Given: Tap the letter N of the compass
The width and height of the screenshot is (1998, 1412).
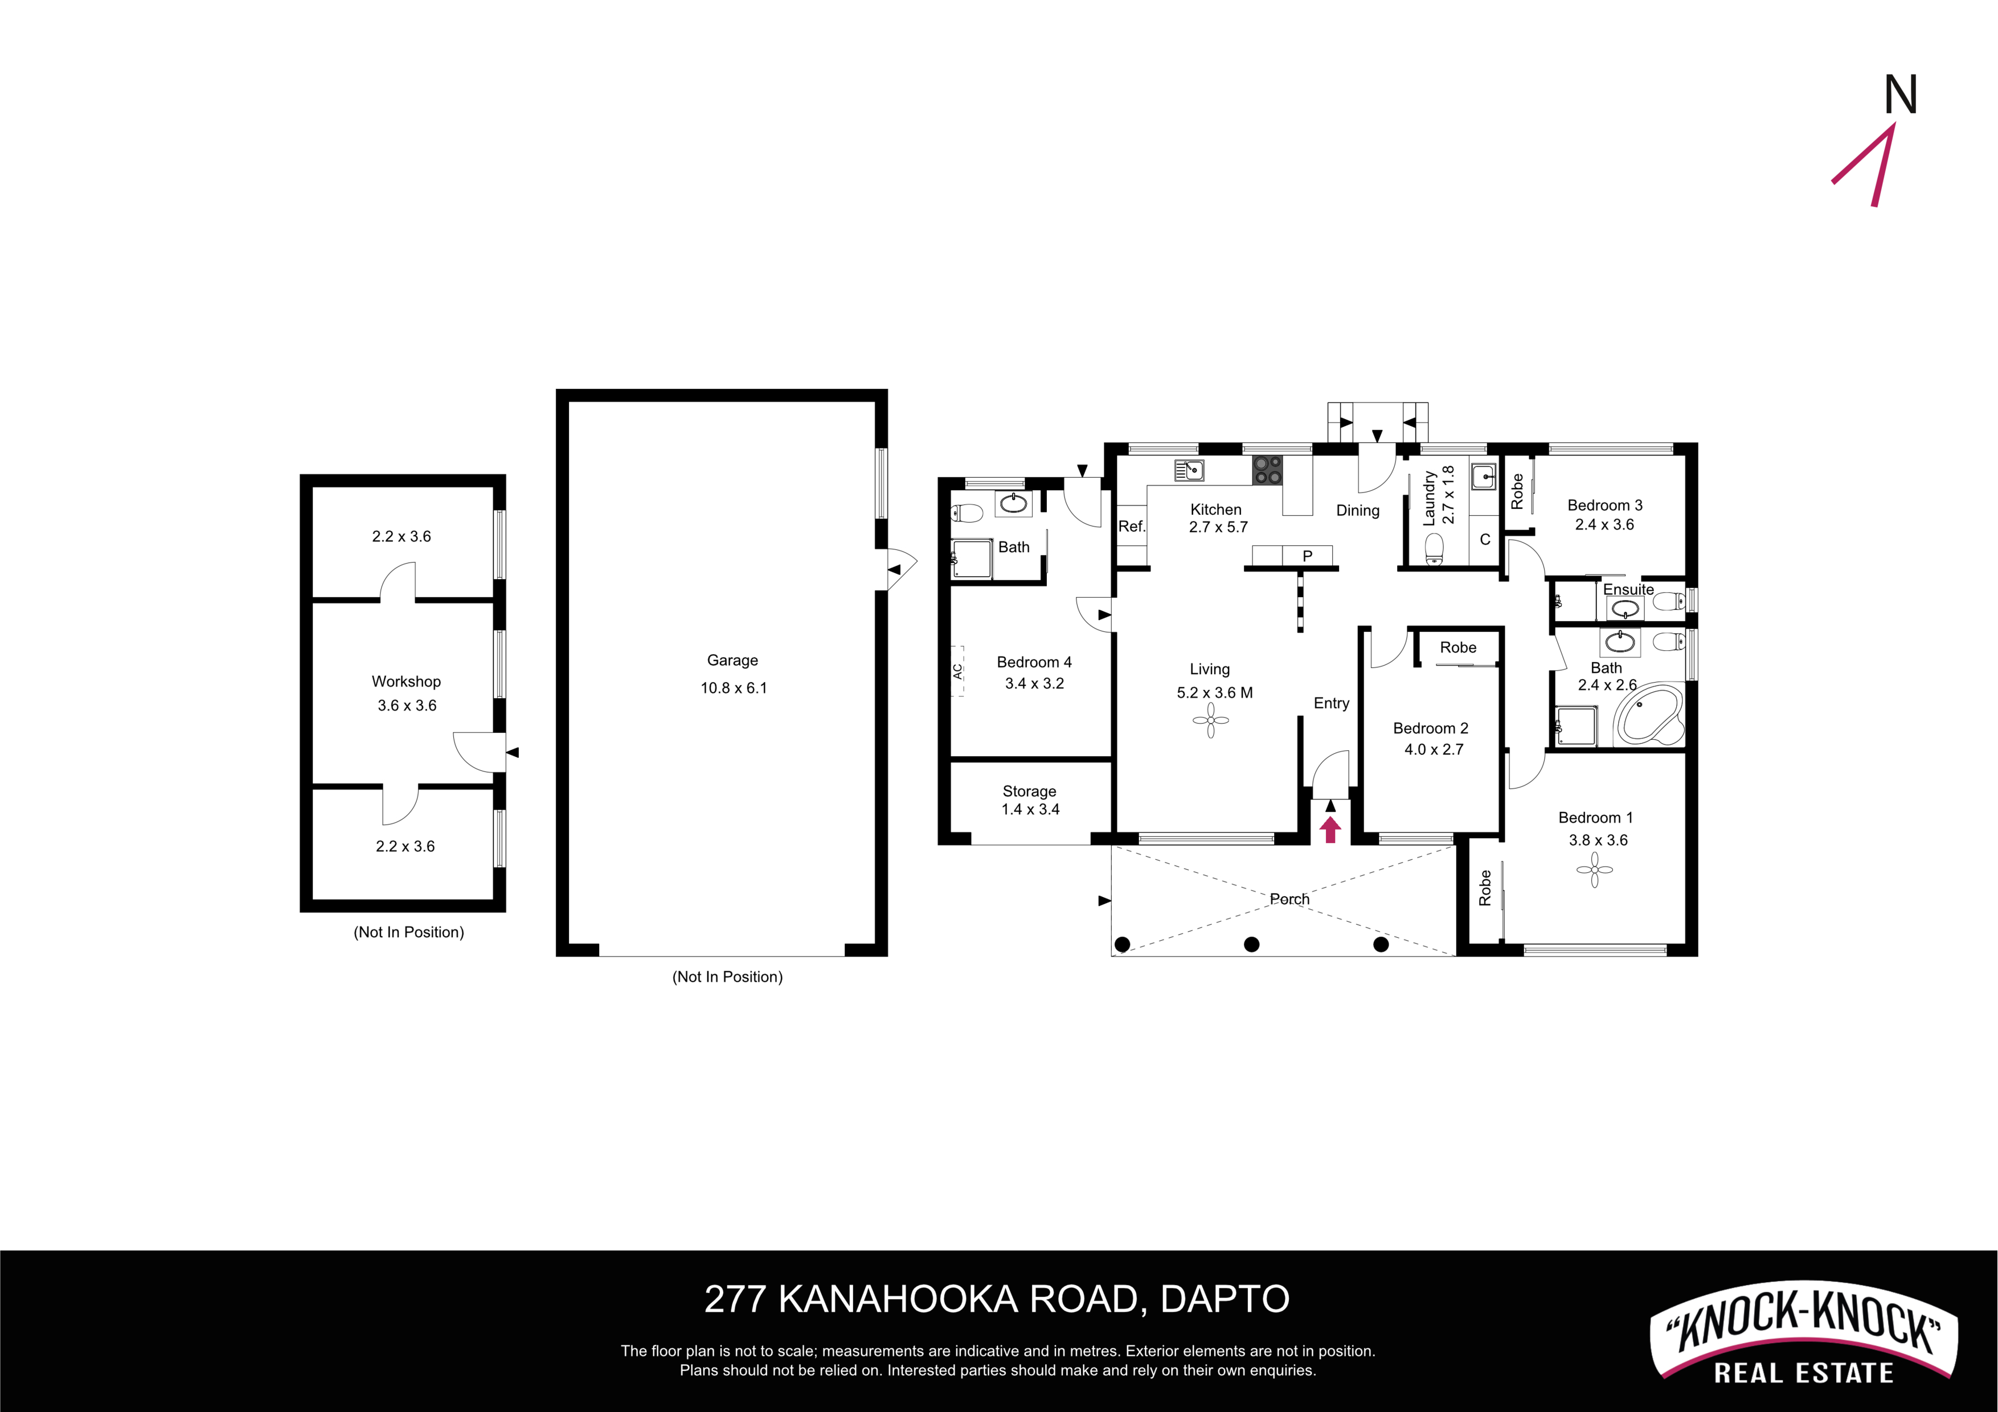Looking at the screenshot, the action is pyautogui.click(x=1901, y=95).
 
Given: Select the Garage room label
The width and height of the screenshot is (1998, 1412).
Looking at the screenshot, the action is pyautogui.click(x=732, y=660).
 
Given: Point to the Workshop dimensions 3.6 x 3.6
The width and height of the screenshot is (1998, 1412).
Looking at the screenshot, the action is pyautogui.click(x=407, y=705).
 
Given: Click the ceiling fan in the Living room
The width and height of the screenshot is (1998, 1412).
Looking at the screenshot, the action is pyautogui.click(x=1210, y=720).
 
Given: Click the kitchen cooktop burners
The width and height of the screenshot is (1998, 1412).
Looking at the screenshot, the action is pyautogui.click(x=1267, y=471).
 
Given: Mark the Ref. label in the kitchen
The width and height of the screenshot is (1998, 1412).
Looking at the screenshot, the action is pyautogui.click(x=1131, y=526).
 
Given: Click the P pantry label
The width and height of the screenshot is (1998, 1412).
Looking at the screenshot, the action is pyautogui.click(x=1307, y=556).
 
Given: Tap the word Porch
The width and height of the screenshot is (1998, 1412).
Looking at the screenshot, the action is pyautogui.click(x=1289, y=898).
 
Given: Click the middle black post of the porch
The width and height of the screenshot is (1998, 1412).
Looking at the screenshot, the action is pyautogui.click(x=1251, y=944).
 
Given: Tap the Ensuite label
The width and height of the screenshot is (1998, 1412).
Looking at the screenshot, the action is pyautogui.click(x=1628, y=589).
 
